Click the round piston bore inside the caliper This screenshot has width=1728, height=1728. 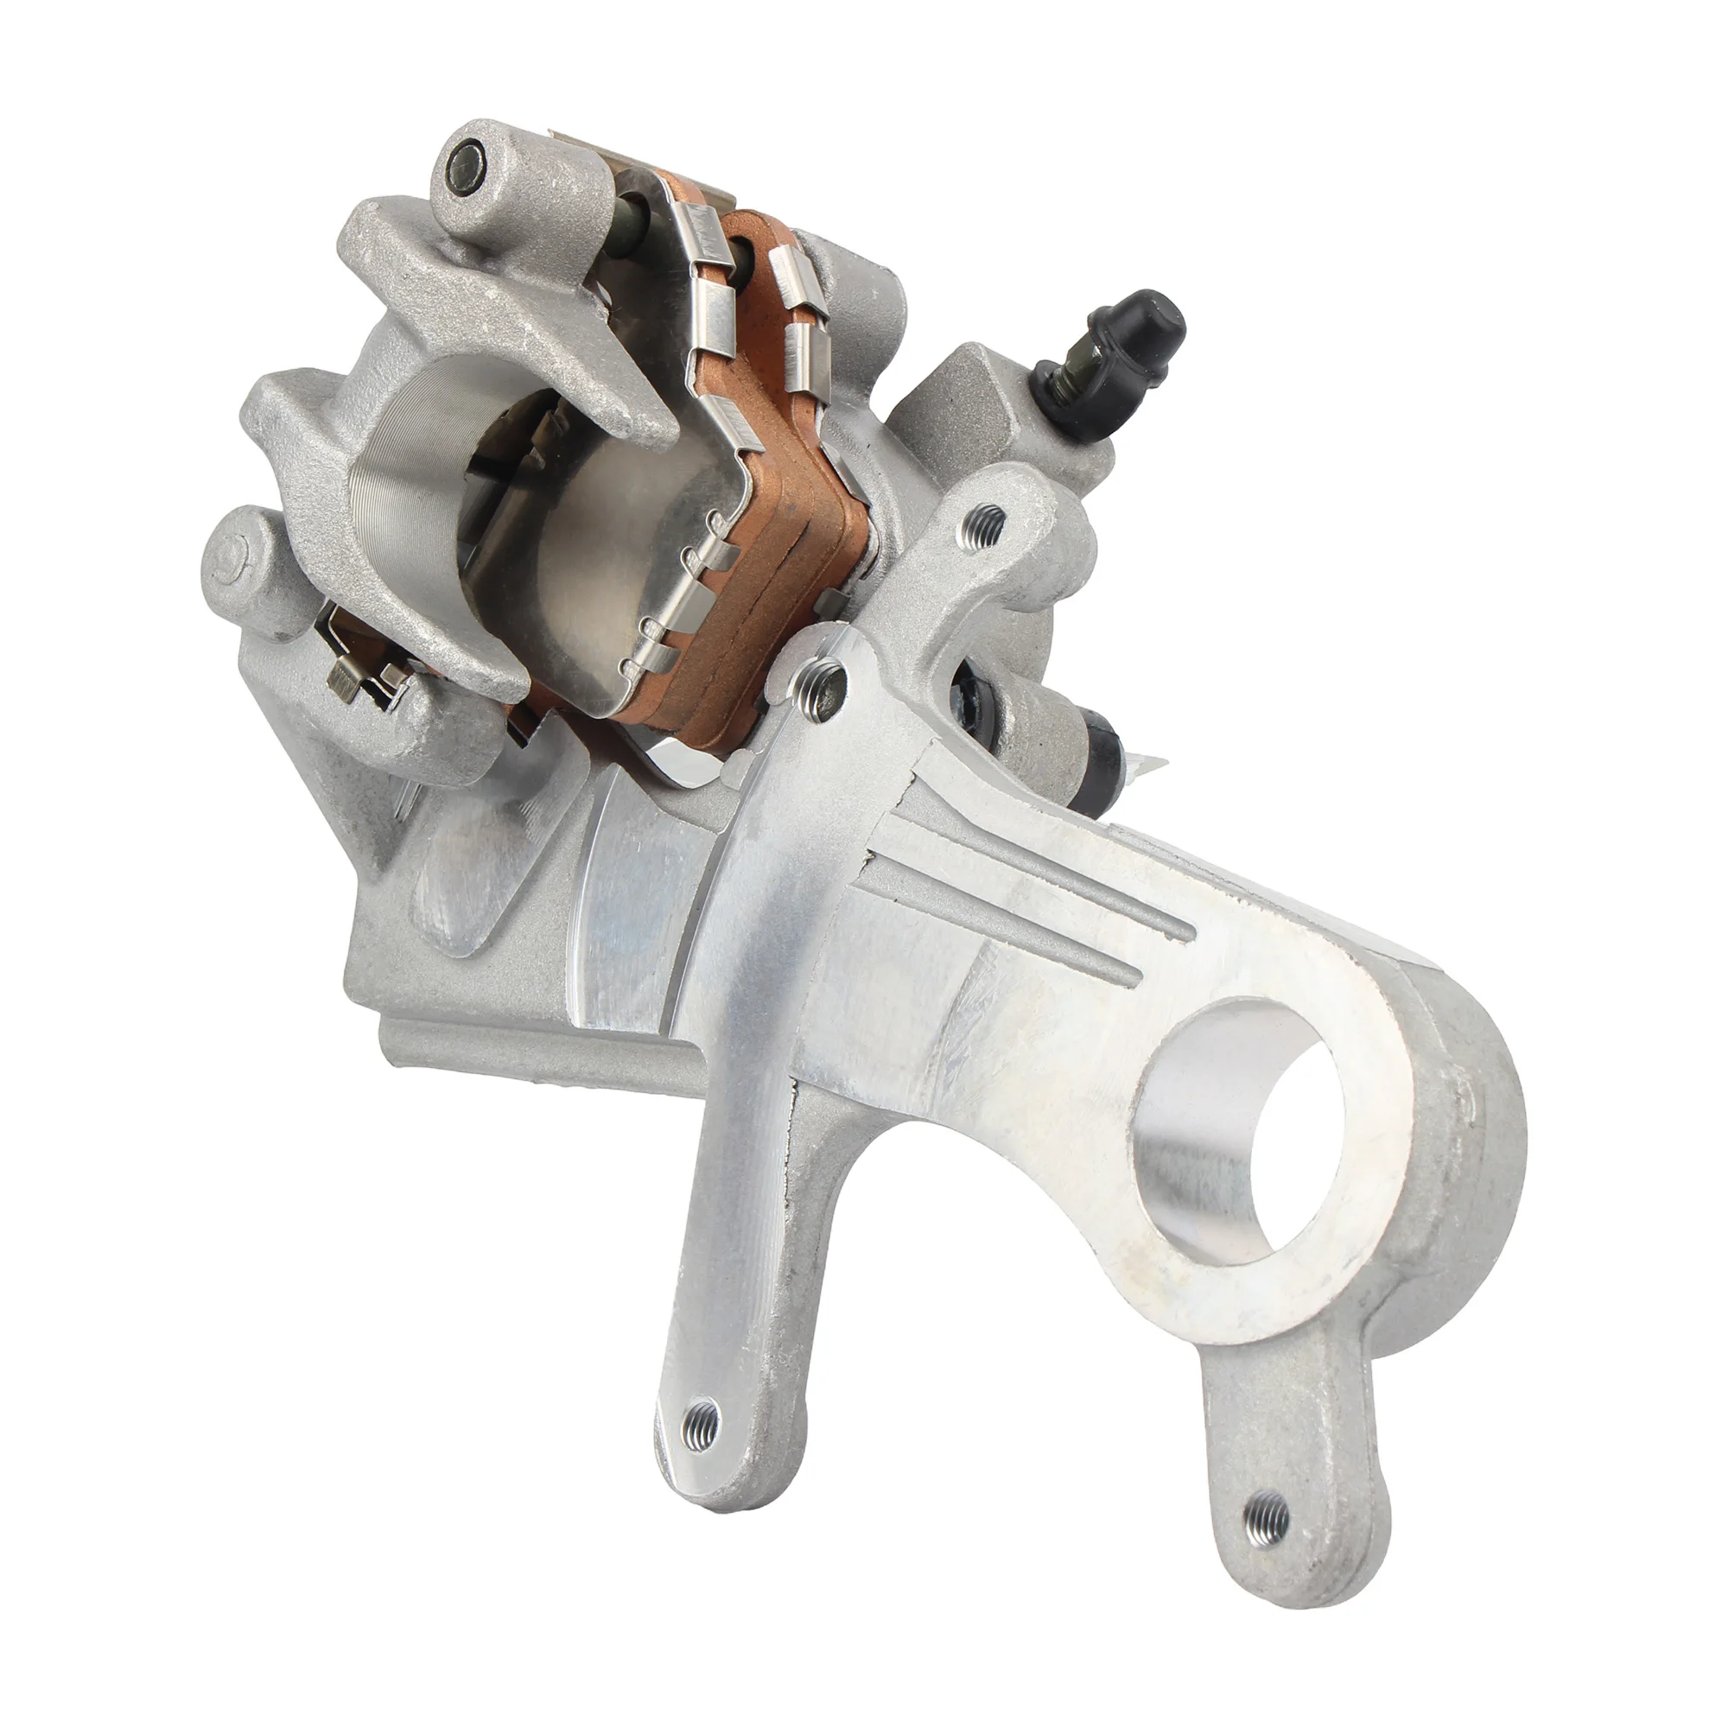[x=421, y=501]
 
